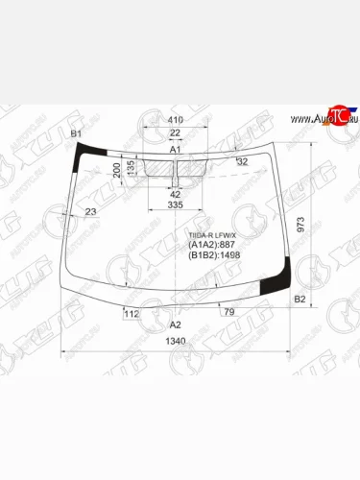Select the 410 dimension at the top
[x=175, y=119]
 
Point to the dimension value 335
[x=175, y=204]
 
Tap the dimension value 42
[x=176, y=195]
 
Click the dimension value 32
[x=241, y=160]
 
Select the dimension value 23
[x=90, y=211]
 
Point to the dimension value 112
[x=132, y=313]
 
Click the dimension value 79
[x=228, y=312]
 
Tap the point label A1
[x=175, y=151]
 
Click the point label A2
[x=175, y=324]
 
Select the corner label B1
[x=77, y=132]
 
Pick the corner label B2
[x=300, y=300]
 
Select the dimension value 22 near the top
[x=175, y=132]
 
